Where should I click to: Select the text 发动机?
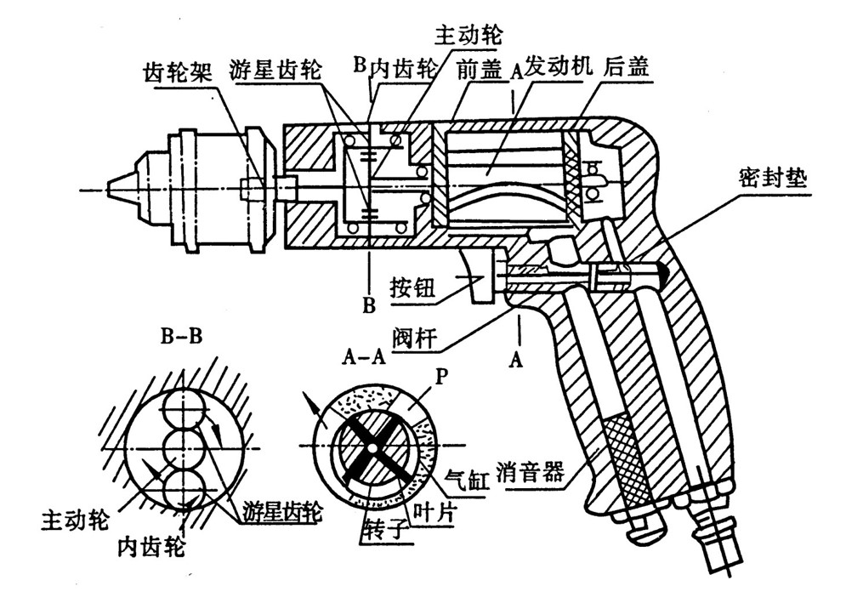(x=554, y=67)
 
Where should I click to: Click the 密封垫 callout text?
(x=764, y=180)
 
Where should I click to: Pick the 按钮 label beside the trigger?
(x=413, y=288)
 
